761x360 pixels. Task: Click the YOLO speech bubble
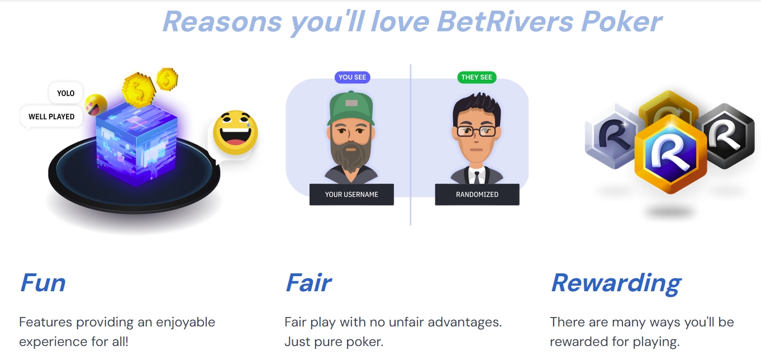[65, 93]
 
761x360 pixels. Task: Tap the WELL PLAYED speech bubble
[51, 117]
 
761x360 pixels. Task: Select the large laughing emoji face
[235, 133]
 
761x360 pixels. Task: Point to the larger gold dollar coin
[137, 89]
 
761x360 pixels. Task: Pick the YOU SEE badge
[353, 77]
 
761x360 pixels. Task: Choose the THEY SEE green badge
[477, 77]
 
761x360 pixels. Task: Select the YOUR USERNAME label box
[351, 195]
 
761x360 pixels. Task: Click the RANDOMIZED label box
[477, 195]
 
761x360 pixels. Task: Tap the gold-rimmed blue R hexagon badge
[670, 154]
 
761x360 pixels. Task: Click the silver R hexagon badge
[612, 137]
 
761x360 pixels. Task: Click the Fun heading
[43, 283]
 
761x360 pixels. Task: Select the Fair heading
[308, 283]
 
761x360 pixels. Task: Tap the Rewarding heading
[616, 283]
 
